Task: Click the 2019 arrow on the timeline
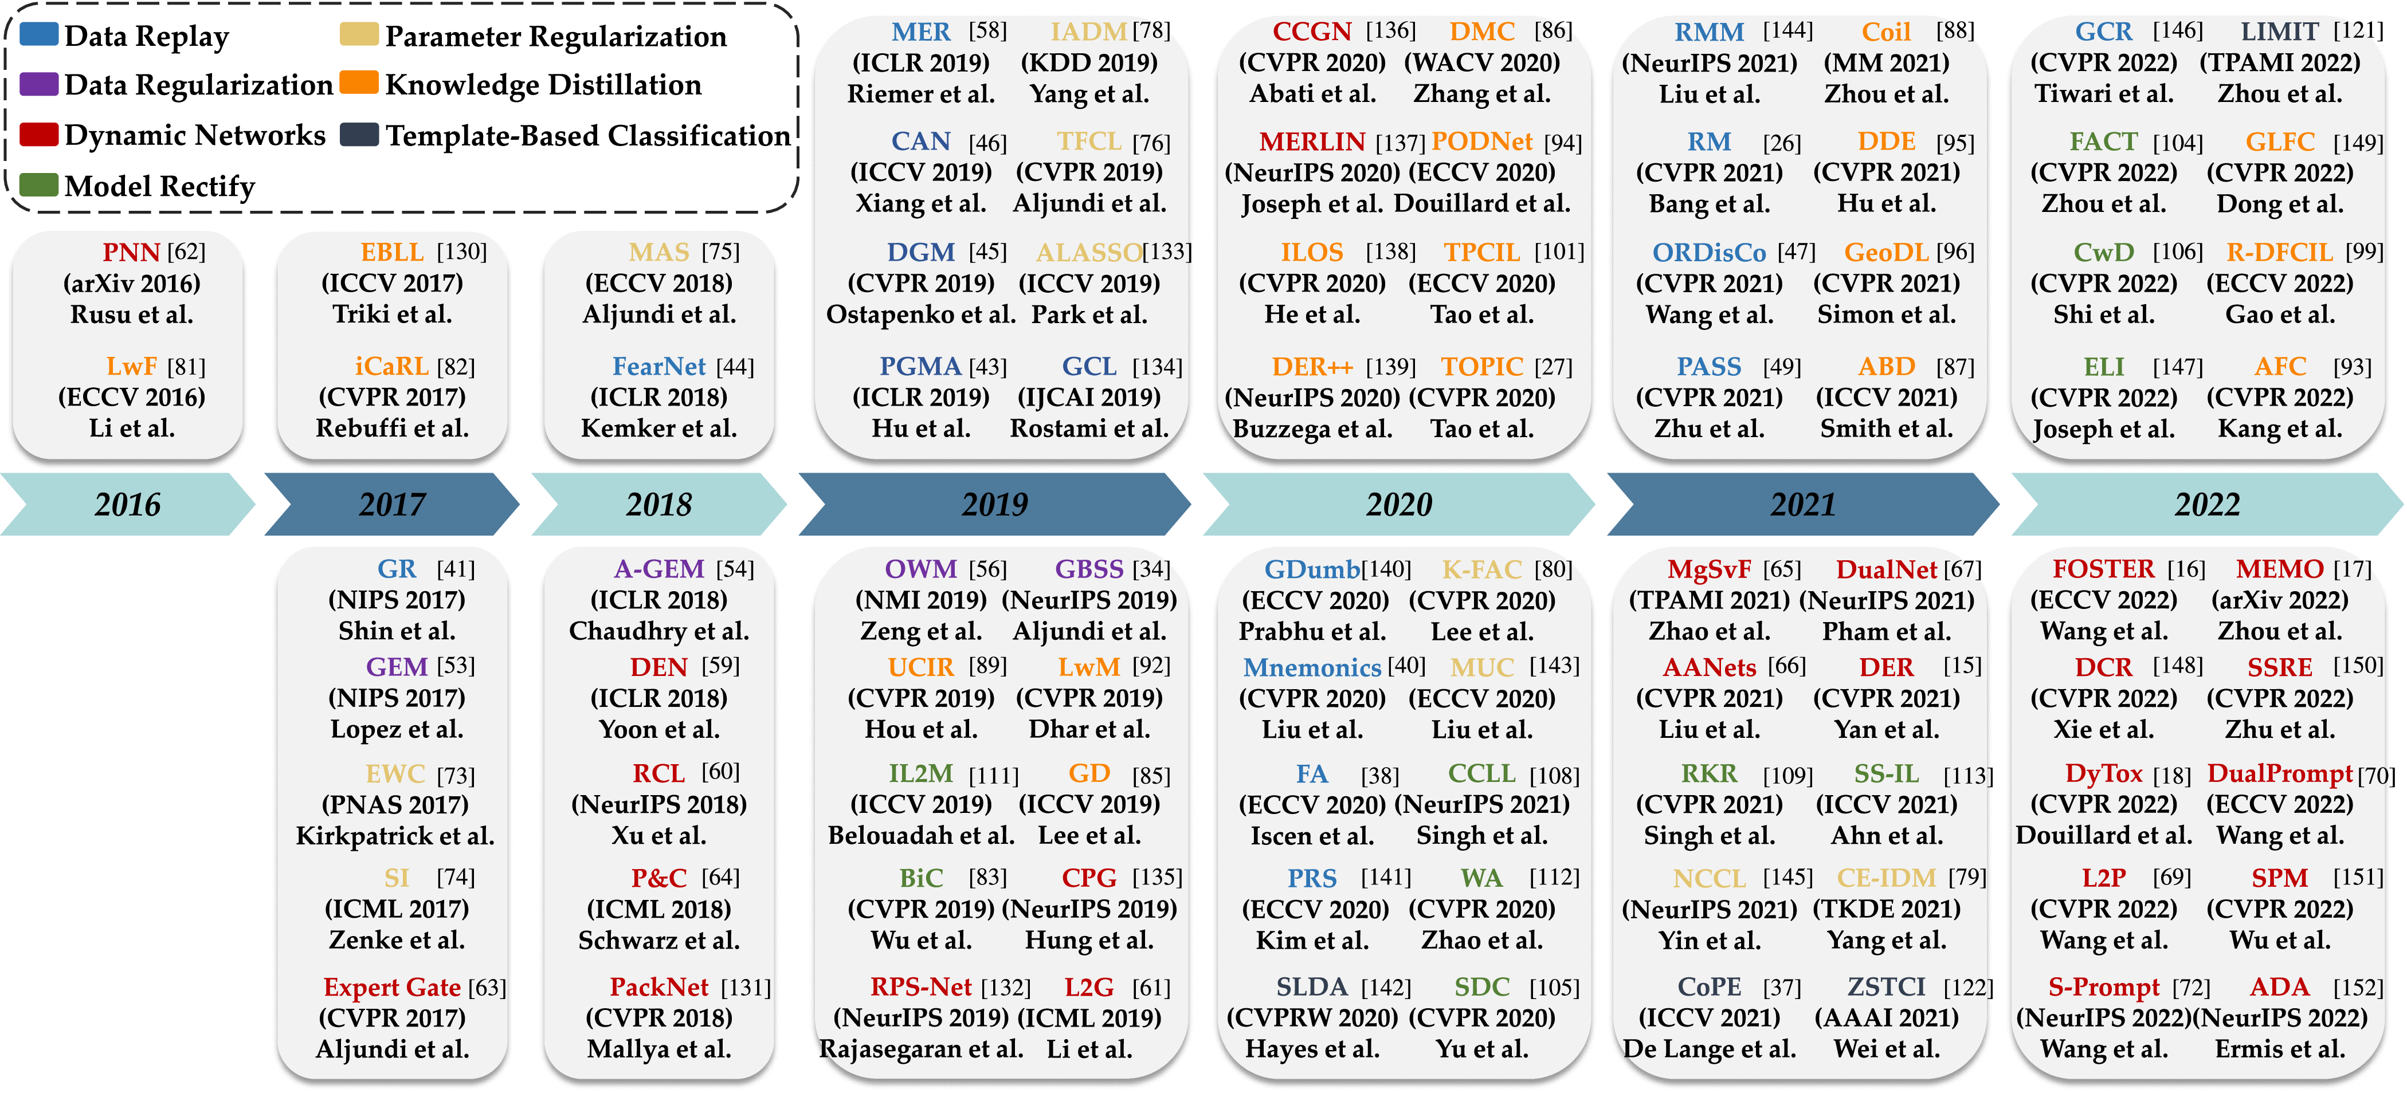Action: click(x=994, y=505)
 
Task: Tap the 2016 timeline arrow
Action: click(x=127, y=505)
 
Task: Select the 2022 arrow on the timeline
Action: click(x=2207, y=505)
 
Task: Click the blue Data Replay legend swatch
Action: click(x=38, y=34)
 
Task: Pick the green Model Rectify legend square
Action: click(x=38, y=184)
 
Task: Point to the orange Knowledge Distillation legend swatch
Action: click(x=359, y=83)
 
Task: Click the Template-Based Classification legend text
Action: click(x=588, y=135)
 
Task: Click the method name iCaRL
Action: click(x=391, y=366)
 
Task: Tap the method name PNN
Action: click(x=131, y=252)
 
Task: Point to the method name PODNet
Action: click(x=1482, y=142)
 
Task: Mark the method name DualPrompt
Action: click(x=2279, y=773)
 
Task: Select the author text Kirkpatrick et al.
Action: click(x=395, y=835)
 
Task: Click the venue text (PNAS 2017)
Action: click(x=395, y=804)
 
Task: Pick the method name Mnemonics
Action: click(x=1312, y=667)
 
